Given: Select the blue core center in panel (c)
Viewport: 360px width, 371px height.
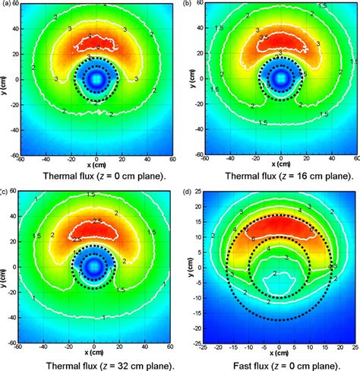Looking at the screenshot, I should tap(94, 265).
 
